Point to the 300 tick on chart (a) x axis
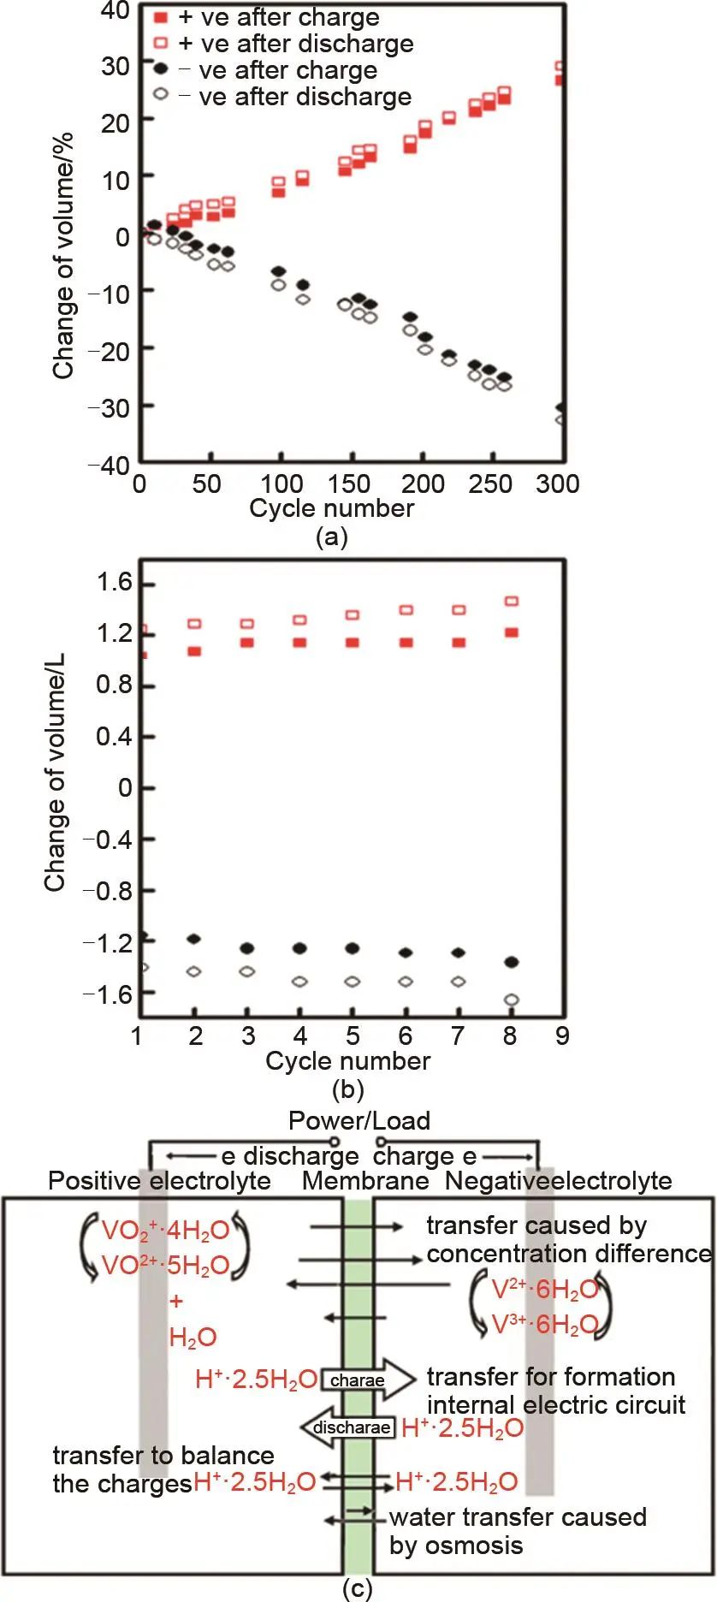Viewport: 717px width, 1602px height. (x=558, y=484)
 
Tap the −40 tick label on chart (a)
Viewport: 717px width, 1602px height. (x=110, y=466)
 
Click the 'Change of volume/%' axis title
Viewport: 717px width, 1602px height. (x=63, y=255)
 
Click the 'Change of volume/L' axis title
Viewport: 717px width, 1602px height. (x=56, y=773)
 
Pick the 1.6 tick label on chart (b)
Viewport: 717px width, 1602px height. (x=114, y=584)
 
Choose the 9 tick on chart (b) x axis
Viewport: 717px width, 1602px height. (x=562, y=1035)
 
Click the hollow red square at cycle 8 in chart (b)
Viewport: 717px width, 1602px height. (x=512, y=602)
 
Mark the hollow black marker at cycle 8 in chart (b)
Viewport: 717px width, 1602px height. (x=512, y=1000)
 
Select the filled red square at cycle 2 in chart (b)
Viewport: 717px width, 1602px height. (x=194, y=651)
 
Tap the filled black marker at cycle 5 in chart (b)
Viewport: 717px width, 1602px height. (x=353, y=948)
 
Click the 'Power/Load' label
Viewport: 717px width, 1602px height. (x=359, y=1120)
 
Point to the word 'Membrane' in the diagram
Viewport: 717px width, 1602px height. (x=365, y=1181)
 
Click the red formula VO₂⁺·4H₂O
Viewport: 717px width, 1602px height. (x=166, y=1231)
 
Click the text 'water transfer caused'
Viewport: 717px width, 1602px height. (x=518, y=1517)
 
